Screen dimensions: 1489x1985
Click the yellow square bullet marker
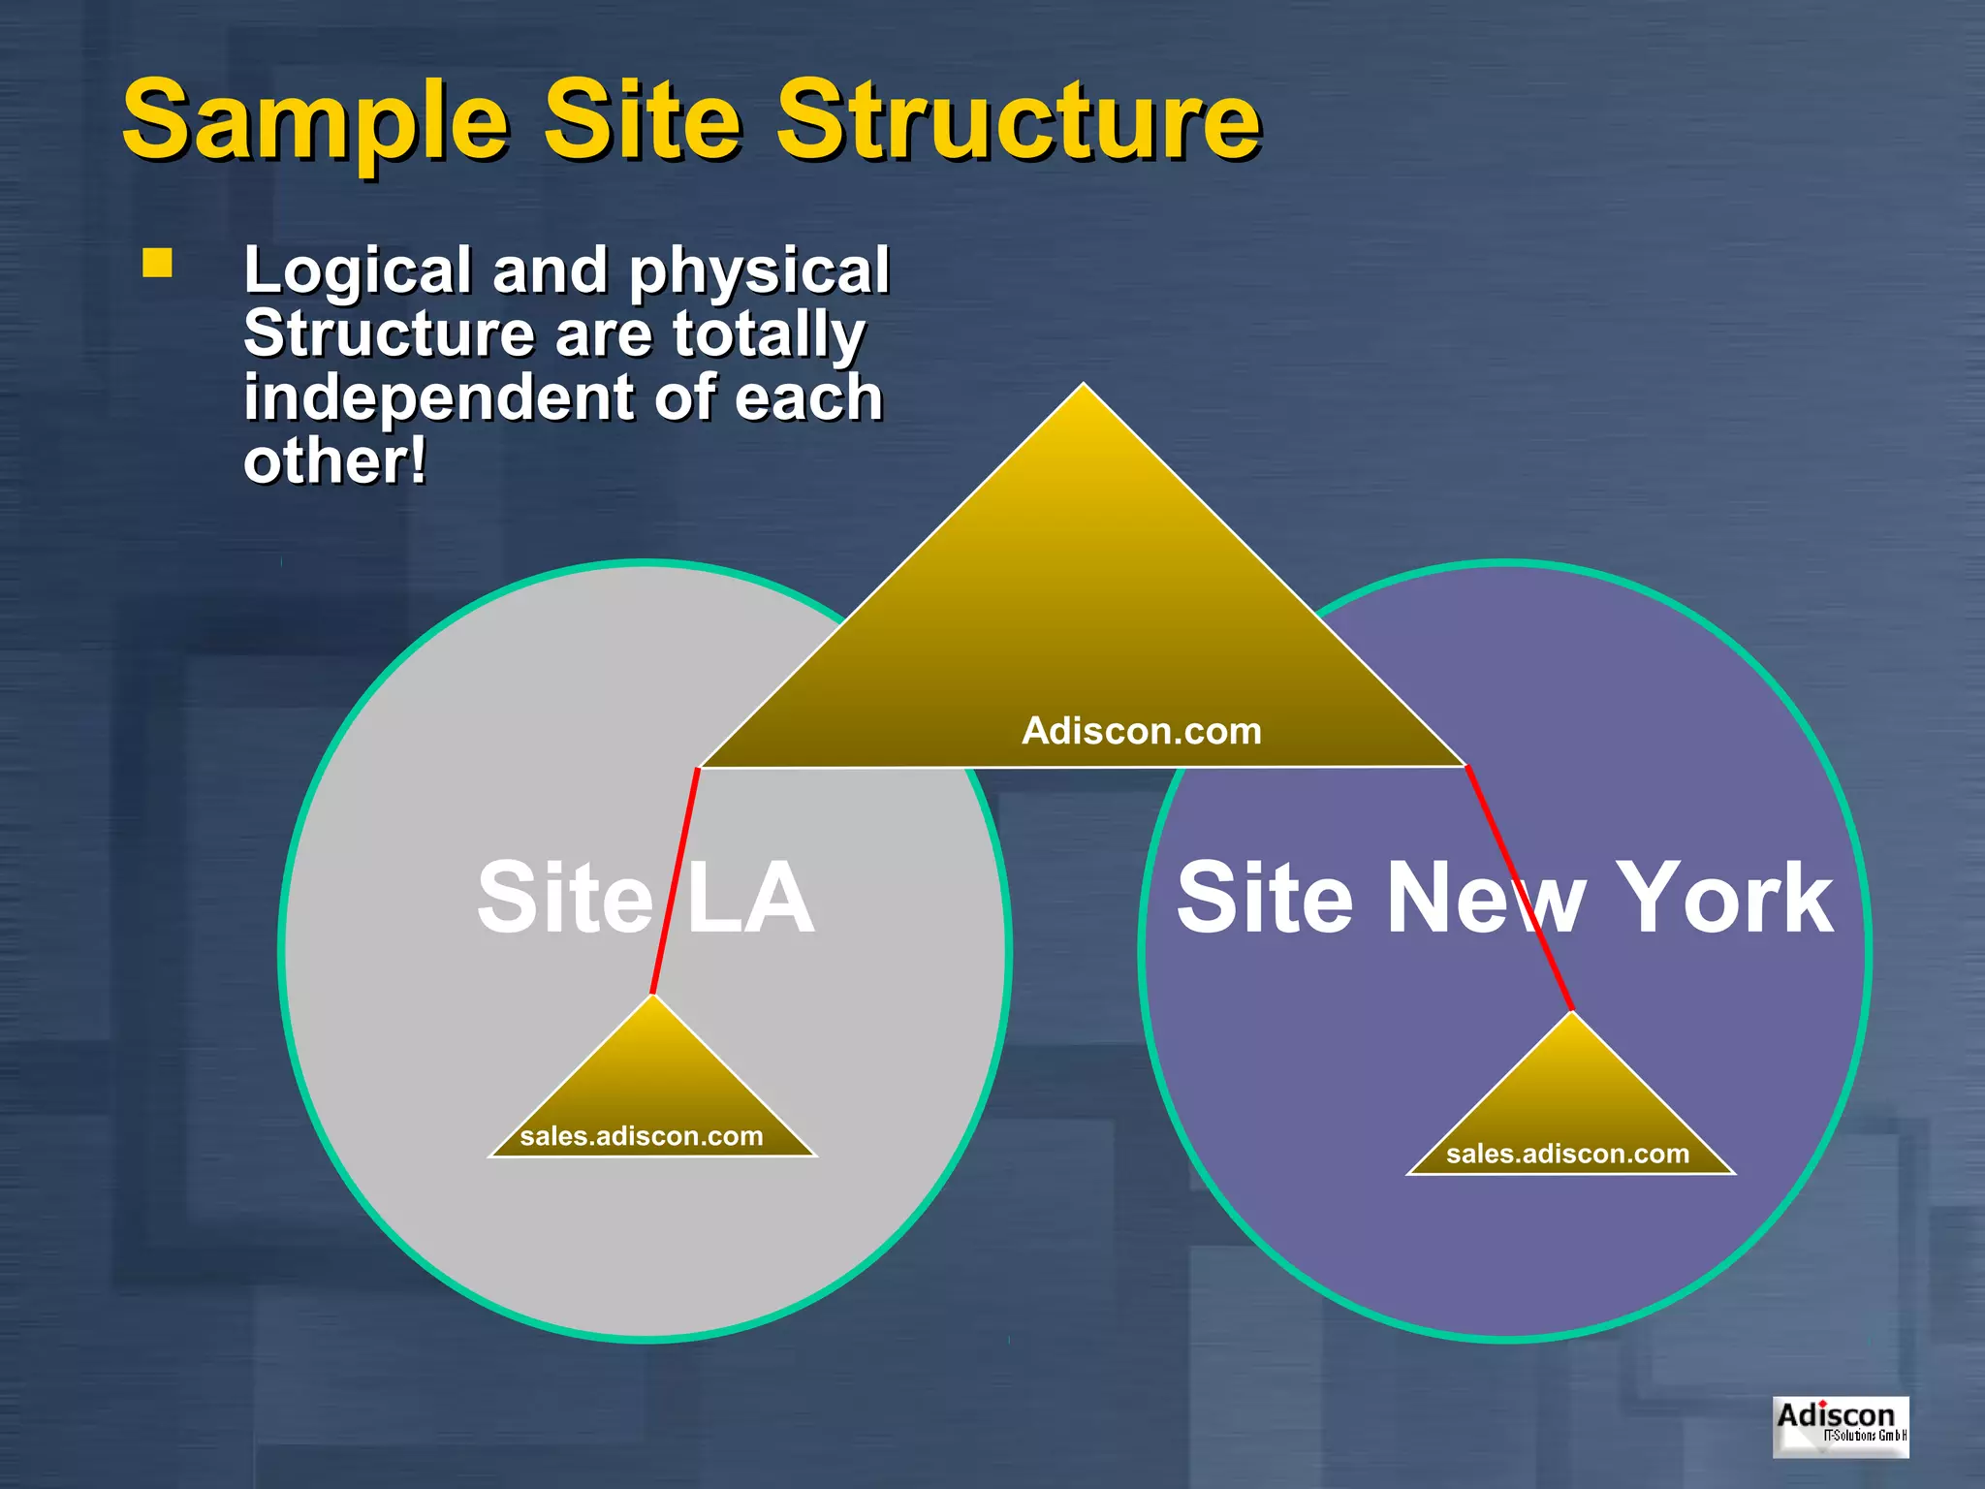pyautogui.click(x=157, y=264)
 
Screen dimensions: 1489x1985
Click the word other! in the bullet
pyautogui.click(x=334, y=461)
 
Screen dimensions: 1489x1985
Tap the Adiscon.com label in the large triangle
pyautogui.click(x=1141, y=731)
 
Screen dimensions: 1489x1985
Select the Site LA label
pyautogui.click(x=646, y=898)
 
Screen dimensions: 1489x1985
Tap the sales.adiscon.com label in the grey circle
pyautogui.click(x=641, y=1136)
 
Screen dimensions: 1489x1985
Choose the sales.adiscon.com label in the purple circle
pyautogui.click(x=1567, y=1154)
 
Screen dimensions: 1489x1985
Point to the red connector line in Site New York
pyautogui.click(x=1519, y=888)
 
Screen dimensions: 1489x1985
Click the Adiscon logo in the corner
pyautogui.click(x=1840, y=1426)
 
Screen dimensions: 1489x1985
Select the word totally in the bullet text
pyautogui.click(x=768, y=333)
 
